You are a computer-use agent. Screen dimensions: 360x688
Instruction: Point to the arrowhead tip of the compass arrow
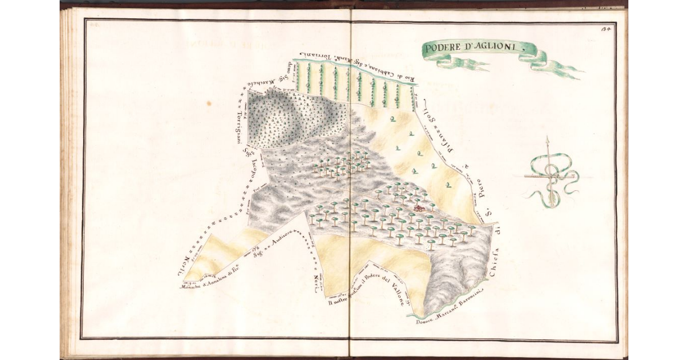point(548,139)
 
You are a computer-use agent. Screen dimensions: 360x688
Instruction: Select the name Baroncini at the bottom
point(468,299)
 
